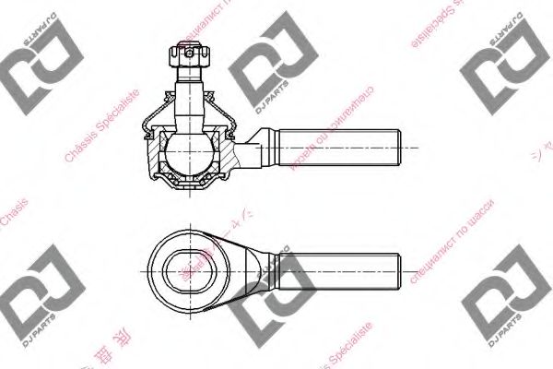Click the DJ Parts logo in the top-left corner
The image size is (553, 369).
(31, 59)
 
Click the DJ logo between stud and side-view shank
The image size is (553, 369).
(267, 74)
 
